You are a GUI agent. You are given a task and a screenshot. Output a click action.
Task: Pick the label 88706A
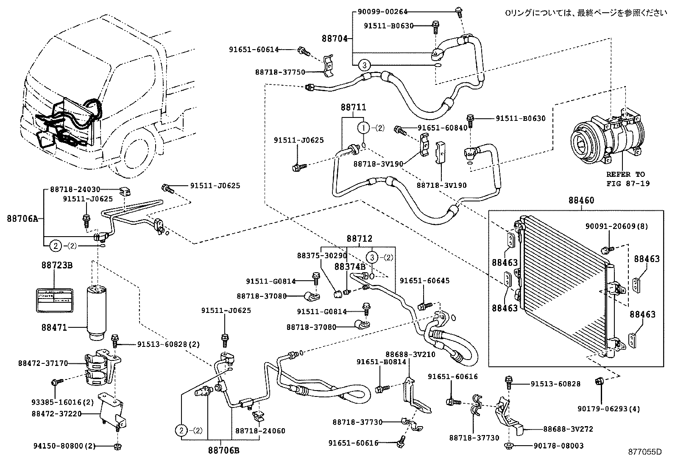[22, 219]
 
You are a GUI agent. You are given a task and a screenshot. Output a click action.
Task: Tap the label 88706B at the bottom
[223, 450]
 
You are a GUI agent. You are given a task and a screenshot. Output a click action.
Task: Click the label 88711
[353, 108]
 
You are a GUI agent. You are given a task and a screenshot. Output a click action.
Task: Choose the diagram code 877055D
[644, 452]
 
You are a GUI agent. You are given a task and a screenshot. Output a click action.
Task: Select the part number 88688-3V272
[568, 429]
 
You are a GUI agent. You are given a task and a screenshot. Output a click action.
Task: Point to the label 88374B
[350, 266]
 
